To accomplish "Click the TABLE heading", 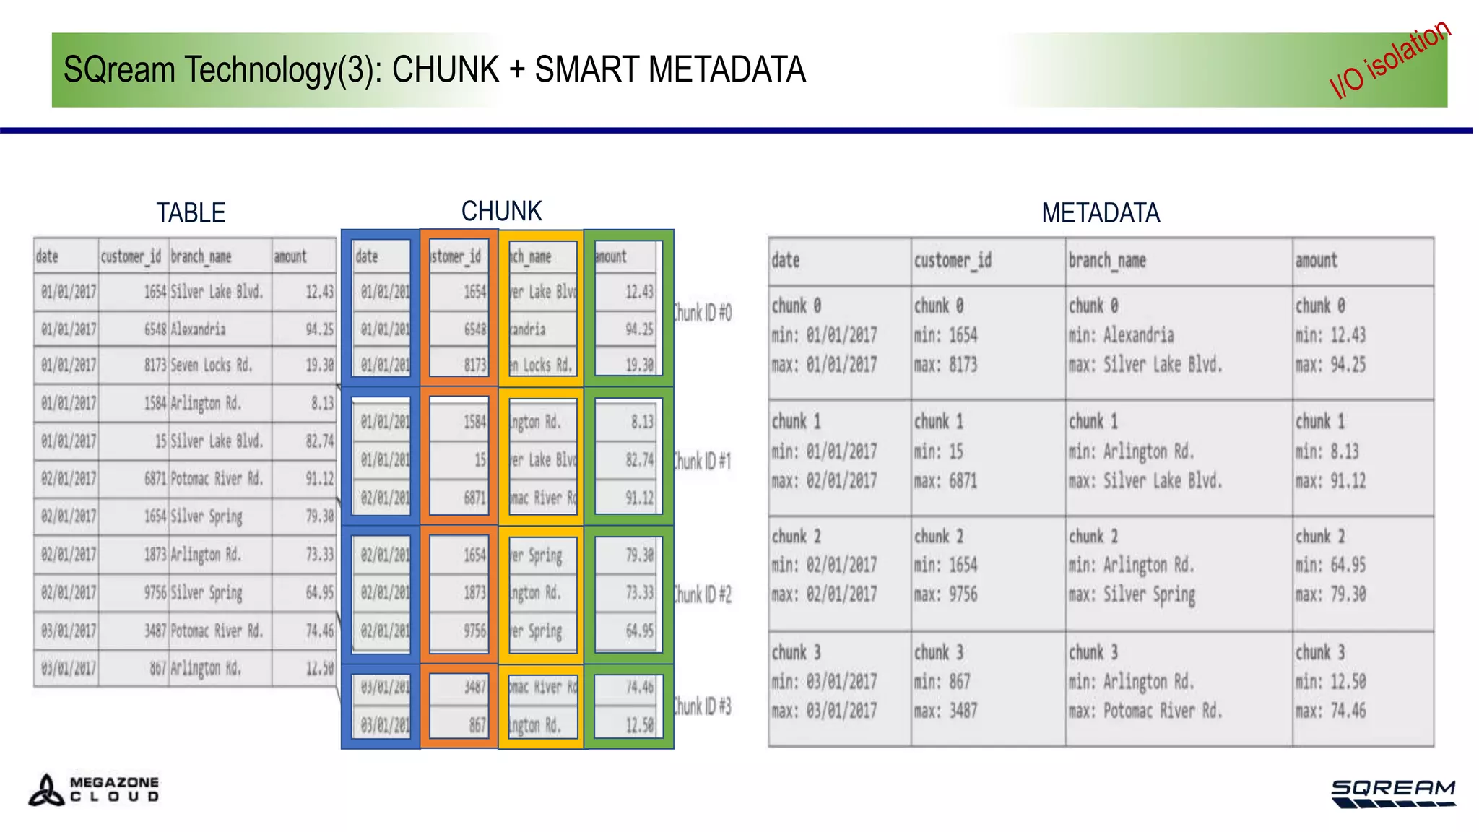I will (191, 213).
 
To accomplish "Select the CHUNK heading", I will (501, 212).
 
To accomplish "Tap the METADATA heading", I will (1100, 213).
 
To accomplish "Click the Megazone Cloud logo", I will (94, 789).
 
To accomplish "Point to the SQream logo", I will (1393, 793).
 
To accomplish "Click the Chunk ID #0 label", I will (702, 313).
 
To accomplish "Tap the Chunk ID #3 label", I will (702, 706).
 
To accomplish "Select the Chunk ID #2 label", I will (702, 594).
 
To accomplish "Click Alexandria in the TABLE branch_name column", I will (198, 329).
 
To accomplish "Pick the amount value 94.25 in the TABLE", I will (319, 329).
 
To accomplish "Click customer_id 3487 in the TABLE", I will (155, 630).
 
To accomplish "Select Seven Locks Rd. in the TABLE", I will (212, 365).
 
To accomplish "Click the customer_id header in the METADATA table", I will (953, 261).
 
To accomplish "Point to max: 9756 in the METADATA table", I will (946, 594).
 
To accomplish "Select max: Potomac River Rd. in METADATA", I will (1145, 711).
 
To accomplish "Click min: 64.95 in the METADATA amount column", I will (1330, 565).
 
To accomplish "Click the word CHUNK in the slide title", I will (446, 70).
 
